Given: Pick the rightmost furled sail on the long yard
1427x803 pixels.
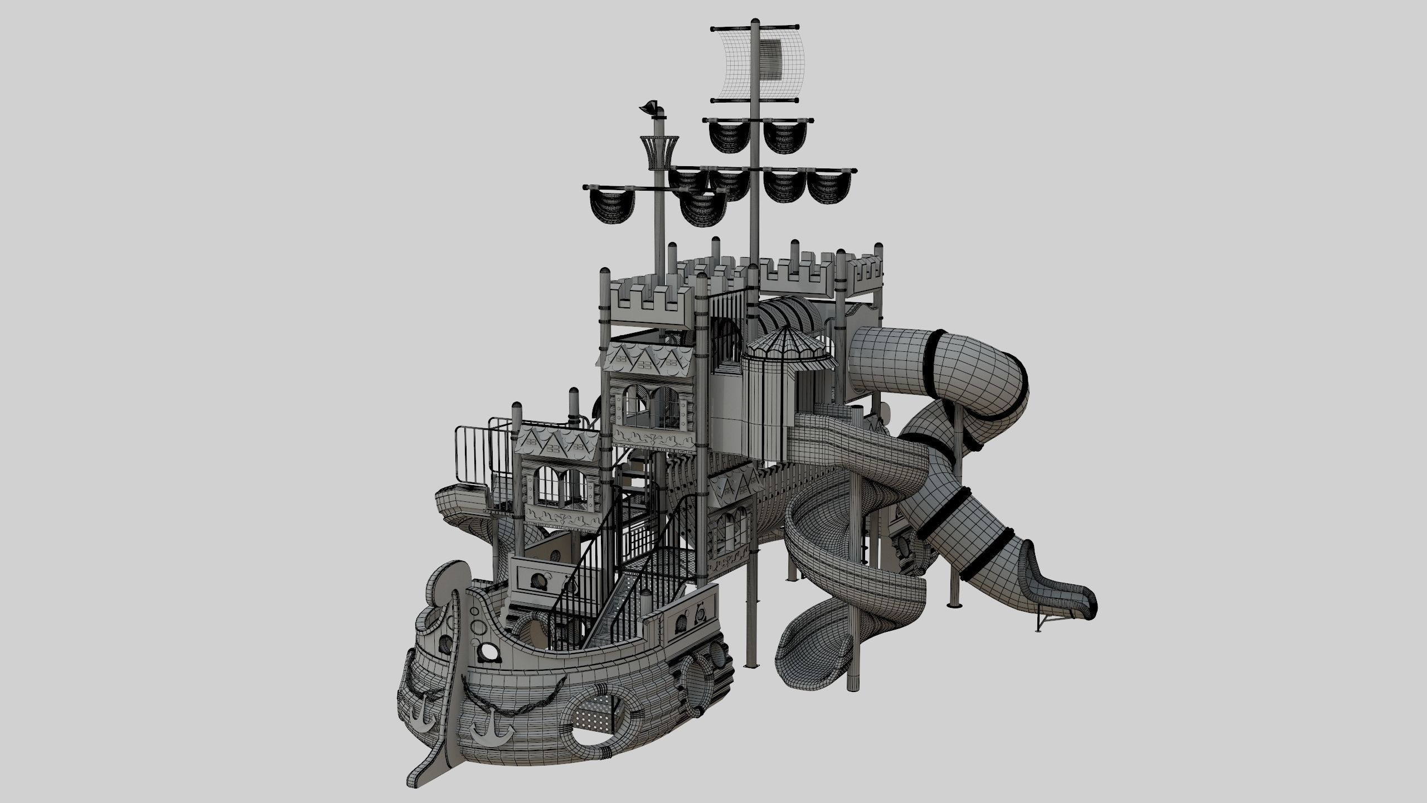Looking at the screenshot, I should point(829,187).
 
